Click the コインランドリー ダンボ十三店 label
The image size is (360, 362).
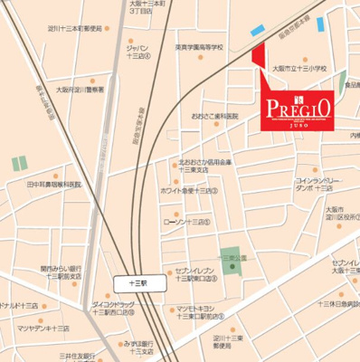317,186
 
